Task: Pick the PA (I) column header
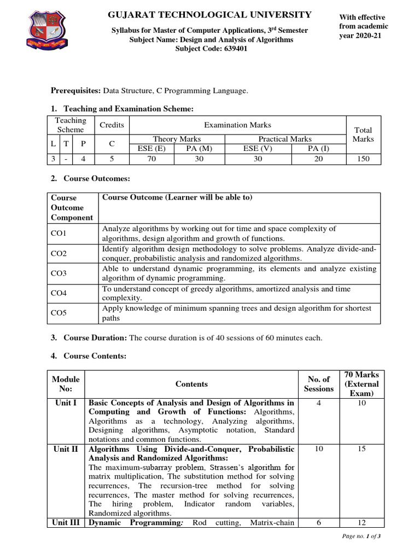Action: tap(318, 149)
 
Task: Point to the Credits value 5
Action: tap(112, 159)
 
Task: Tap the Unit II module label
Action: tap(66, 449)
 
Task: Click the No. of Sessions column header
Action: tap(318, 384)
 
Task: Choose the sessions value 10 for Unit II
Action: tap(318, 449)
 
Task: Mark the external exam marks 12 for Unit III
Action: tap(361, 523)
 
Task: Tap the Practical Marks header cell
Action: tap(285, 139)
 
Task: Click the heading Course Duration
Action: tap(95, 338)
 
